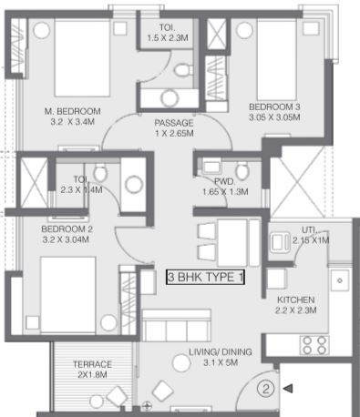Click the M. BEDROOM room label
click(x=73, y=111)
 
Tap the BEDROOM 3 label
click(x=274, y=107)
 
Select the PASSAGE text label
click(x=174, y=123)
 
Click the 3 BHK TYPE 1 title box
click(x=205, y=277)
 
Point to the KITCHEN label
click(x=296, y=300)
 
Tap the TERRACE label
click(x=92, y=364)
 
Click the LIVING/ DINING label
click(x=221, y=352)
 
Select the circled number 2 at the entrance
click(x=266, y=389)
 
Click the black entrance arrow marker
click(x=288, y=389)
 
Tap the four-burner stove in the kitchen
click(x=314, y=345)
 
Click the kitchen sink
click(x=340, y=280)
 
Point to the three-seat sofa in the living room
click(x=177, y=326)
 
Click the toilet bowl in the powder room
click(x=242, y=171)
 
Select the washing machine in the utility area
click(x=281, y=242)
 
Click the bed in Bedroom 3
click(x=276, y=60)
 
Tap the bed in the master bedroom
click(x=82, y=58)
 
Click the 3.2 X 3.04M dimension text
click(x=66, y=239)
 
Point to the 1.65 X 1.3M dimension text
click(x=225, y=192)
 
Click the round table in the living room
click(x=181, y=362)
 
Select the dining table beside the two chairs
click(x=232, y=243)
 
